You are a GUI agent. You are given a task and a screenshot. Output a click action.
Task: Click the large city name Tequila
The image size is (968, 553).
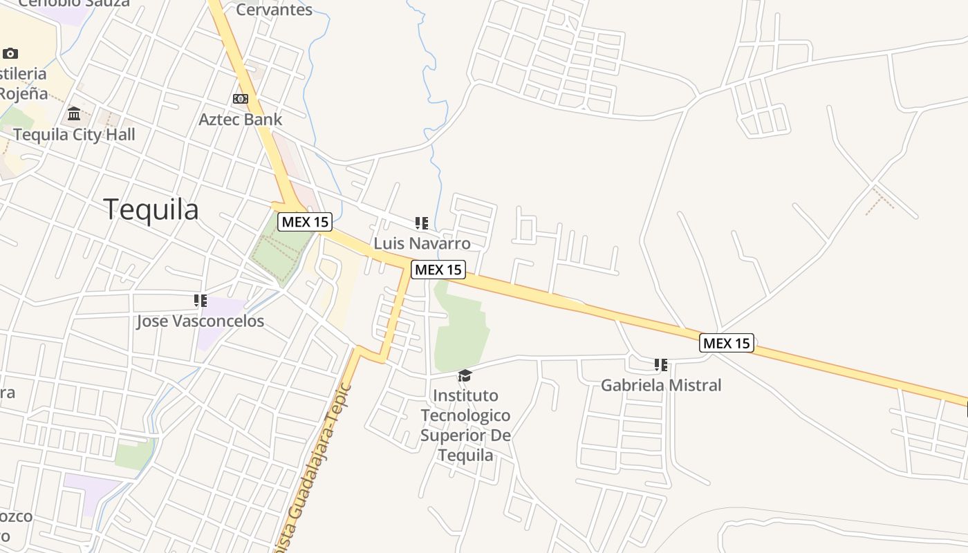coord(151,209)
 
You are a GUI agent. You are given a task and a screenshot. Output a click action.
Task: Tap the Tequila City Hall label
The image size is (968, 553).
coord(75,134)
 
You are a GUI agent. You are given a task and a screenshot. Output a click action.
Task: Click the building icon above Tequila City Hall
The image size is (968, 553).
coord(74,113)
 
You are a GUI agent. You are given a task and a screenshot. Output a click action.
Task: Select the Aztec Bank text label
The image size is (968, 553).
coord(241,120)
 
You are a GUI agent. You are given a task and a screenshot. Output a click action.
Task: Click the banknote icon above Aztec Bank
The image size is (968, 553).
coord(241,99)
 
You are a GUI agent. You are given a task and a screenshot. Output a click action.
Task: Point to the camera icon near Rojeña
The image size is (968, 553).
coord(10,53)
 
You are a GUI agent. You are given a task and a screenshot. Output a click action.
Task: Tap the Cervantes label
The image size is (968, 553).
coord(274,10)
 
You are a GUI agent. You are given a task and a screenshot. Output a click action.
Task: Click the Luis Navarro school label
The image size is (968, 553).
coord(422,243)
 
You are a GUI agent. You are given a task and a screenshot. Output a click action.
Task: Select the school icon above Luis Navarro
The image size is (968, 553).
coord(422,223)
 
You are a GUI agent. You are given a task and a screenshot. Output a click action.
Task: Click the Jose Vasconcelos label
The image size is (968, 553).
coord(200,321)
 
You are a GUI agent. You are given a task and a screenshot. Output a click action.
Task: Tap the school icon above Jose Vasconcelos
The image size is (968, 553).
coord(201,301)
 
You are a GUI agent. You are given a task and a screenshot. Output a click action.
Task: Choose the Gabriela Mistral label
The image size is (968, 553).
coord(661,385)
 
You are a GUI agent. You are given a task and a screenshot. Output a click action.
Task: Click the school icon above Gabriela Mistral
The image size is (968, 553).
coord(661,364)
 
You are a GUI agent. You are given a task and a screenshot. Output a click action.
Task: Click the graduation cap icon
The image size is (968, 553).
coord(465,375)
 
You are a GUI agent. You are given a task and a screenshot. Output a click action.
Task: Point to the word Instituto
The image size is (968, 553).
coord(465,395)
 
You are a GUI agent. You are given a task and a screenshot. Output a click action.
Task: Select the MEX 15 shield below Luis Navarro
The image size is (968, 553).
coord(438,270)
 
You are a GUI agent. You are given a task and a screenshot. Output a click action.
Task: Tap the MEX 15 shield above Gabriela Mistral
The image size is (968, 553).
coord(727,343)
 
